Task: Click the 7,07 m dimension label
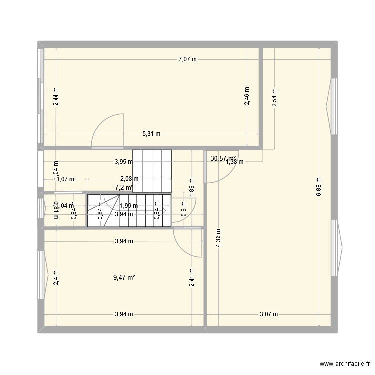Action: (x=188, y=60)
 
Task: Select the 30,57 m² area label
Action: (x=223, y=158)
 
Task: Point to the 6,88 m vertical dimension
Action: (x=319, y=188)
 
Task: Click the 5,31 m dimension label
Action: (x=151, y=134)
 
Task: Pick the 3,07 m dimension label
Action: (x=268, y=314)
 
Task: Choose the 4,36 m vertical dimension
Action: (x=218, y=238)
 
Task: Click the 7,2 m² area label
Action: (x=124, y=187)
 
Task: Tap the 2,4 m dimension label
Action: (x=56, y=278)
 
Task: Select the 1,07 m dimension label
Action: (x=65, y=179)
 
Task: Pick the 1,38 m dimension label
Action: (x=234, y=162)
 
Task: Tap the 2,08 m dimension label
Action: (x=129, y=179)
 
